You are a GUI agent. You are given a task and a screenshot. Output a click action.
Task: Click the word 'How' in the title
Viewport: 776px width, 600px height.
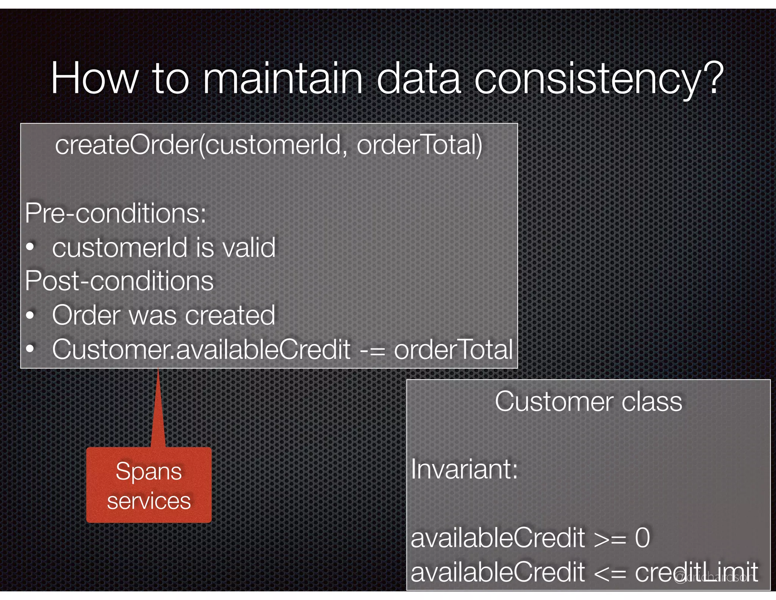[x=94, y=79]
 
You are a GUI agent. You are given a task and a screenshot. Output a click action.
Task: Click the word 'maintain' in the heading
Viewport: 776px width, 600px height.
[x=283, y=79]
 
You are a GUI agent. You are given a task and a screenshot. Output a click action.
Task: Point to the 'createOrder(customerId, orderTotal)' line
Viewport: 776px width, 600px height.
[x=269, y=145]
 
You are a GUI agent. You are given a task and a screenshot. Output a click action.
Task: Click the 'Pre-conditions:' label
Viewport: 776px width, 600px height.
[x=116, y=213]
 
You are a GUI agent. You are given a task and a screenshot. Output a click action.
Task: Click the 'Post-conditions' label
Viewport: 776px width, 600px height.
[x=119, y=281]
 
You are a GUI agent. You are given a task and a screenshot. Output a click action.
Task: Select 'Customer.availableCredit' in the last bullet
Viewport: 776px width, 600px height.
[x=201, y=349]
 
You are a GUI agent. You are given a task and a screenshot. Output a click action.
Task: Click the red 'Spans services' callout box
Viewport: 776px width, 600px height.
[x=149, y=485]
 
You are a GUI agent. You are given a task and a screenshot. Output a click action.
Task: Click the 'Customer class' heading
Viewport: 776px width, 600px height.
[x=588, y=401]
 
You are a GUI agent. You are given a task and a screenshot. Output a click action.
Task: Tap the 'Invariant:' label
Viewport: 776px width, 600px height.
[x=464, y=470]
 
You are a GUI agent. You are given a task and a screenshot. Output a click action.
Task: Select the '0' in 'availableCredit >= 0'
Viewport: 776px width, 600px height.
[x=642, y=538]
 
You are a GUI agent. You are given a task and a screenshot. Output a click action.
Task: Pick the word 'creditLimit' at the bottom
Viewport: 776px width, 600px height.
[x=696, y=572]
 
